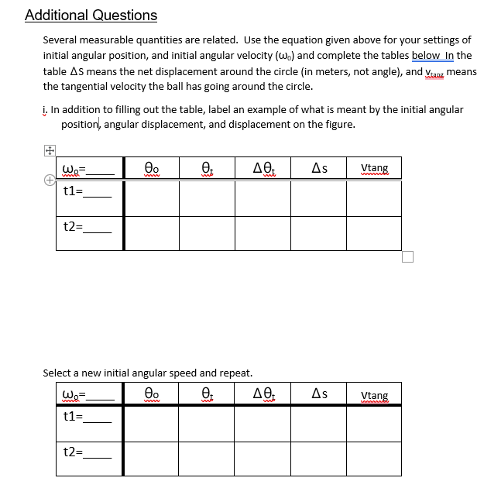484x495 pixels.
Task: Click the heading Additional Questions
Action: click(x=91, y=15)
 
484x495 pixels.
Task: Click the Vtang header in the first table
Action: click(x=375, y=168)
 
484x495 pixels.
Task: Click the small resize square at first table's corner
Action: click(x=408, y=256)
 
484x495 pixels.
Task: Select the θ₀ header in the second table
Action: click(x=152, y=394)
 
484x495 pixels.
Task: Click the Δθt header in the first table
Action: click(x=263, y=168)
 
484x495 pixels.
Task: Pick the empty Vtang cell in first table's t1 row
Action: click(x=374, y=198)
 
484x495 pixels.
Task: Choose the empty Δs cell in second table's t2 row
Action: click(x=318, y=458)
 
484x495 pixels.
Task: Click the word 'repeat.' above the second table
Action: click(x=235, y=373)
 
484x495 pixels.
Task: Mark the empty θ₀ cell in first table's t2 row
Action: click(x=152, y=233)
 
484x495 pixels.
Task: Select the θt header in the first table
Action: click(x=208, y=168)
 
